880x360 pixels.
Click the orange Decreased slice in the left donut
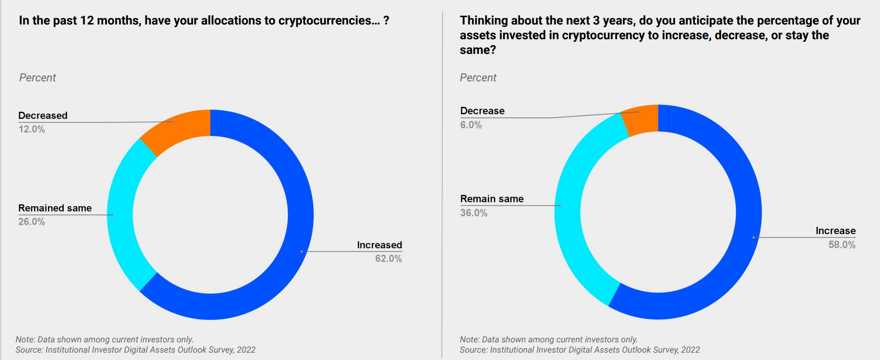pos(178,128)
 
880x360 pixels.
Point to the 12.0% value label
pos(32,129)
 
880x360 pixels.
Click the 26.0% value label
pos(32,222)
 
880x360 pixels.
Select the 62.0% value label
pos(388,259)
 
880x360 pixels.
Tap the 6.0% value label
pos(471,125)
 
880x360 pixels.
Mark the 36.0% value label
pos(474,213)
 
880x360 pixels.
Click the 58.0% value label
pos(842,245)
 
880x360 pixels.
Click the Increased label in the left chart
pos(380,245)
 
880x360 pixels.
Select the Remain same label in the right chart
pos(492,199)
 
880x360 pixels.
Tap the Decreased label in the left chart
pos(43,116)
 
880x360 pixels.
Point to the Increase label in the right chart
pos(835,231)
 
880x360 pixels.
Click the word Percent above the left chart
pos(38,78)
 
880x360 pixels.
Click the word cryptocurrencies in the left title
pos(325,21)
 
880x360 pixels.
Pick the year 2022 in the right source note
pos(690,350)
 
